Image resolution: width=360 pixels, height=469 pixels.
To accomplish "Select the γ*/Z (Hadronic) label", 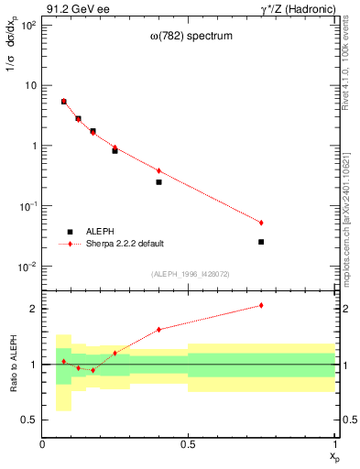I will (299, 8).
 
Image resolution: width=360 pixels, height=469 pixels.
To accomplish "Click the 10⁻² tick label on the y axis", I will (28, 267).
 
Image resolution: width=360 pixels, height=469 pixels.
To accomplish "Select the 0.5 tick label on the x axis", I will (189, 444).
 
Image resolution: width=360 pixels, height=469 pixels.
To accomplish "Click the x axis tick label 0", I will (42, 444).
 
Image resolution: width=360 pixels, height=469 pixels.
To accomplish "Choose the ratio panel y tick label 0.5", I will (29, 420).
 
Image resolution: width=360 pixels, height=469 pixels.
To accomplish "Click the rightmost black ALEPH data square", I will (261, 242).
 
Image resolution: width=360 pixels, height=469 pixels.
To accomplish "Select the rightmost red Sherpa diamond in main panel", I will (261, 223).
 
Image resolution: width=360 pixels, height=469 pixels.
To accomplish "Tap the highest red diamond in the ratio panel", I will (261, 305).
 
